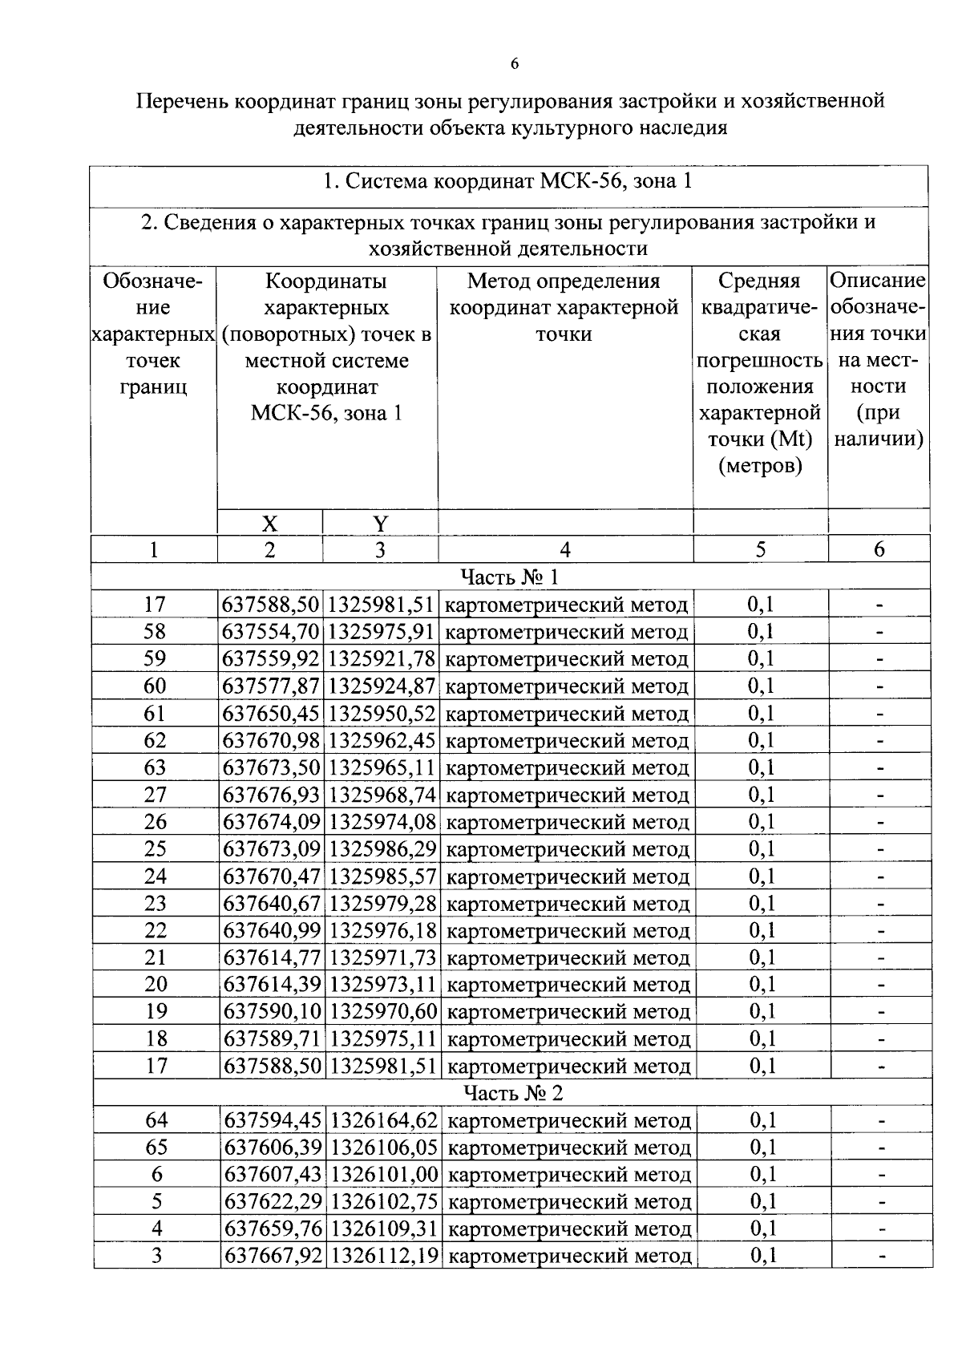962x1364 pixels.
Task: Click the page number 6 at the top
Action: (514, 64)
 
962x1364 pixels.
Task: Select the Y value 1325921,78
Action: (382, 659)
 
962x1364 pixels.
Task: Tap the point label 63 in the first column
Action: (155, 767)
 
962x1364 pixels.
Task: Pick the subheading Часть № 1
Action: (510, 577)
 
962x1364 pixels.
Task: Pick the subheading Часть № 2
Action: (513, 1094)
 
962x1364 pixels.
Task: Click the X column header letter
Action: (269, 524)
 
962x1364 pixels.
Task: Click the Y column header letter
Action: (380, 524)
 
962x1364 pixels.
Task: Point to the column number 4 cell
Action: (565, 549)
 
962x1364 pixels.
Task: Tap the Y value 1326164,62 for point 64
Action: (384, 1120)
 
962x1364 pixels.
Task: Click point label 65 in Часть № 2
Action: (156, 1147)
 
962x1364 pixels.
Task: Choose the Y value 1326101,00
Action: (384, 1175)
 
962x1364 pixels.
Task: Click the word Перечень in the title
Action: (184, 102)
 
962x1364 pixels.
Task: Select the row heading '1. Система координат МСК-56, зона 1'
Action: (507, 182)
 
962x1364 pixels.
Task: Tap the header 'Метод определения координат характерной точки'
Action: (564, 307)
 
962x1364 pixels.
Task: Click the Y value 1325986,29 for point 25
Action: (382, 849)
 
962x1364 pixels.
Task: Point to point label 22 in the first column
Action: (156, 931)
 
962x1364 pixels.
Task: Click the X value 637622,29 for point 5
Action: (273, 1202)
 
